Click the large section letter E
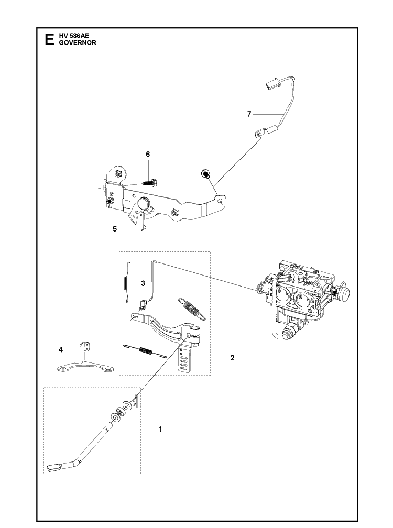coord(49,39)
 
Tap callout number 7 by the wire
coord(249,115)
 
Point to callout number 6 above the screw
coord(148,154)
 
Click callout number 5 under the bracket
coord(115,229)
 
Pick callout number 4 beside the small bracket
coord(61,350)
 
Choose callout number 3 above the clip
coord(143,283)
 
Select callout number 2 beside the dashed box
coord(232,358)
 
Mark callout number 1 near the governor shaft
coord(160,430)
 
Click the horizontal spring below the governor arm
coord(145,350)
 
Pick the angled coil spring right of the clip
coord(191,307)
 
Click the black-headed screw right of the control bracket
coord(205,174)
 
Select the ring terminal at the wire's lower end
coord(259,134)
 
